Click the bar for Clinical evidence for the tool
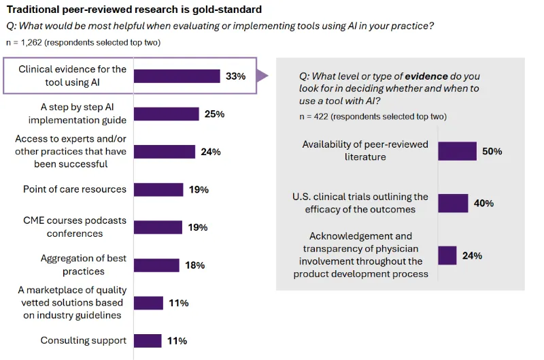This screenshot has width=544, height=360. pyautogui.click(x=177, y=76)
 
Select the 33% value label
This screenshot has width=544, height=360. pyautogui.click(x=235, y=76)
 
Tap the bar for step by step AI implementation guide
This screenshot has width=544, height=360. pyautogui.click(x=167, y=114)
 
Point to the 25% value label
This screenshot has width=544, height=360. pyautogui.click(x=214, y=114)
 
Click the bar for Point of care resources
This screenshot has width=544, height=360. pyautogui.click(x=158, y=190)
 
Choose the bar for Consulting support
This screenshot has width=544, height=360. pyautogui.click(x=148, y=340)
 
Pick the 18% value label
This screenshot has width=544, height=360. pyautogui.click(x=194, y=265)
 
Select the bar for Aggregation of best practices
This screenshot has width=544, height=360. pyautogui.click(x=156, y=265)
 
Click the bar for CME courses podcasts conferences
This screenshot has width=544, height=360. pyautogui.click(x=158, y=227)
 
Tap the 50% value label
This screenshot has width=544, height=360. pyautogui.click(x=492, y=151)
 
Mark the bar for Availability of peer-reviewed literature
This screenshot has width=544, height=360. pyautogui.click(x=457, y=151)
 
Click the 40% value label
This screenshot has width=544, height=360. pyautogui.click(x=483, y=203)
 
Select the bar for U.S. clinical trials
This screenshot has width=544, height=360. pyautogui.click(x=453, y=203)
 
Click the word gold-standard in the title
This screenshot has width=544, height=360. pyautogui.click(x=225, y=10)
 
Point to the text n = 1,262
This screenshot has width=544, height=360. pyautogui.click(x=27, y=43)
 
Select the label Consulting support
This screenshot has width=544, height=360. pyautogui.click(x=83, y=340)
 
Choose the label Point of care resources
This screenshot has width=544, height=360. pyautogui.click(x=75, y=189)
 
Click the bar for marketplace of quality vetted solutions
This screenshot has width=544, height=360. pyautogui.click(x=148, y=303)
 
